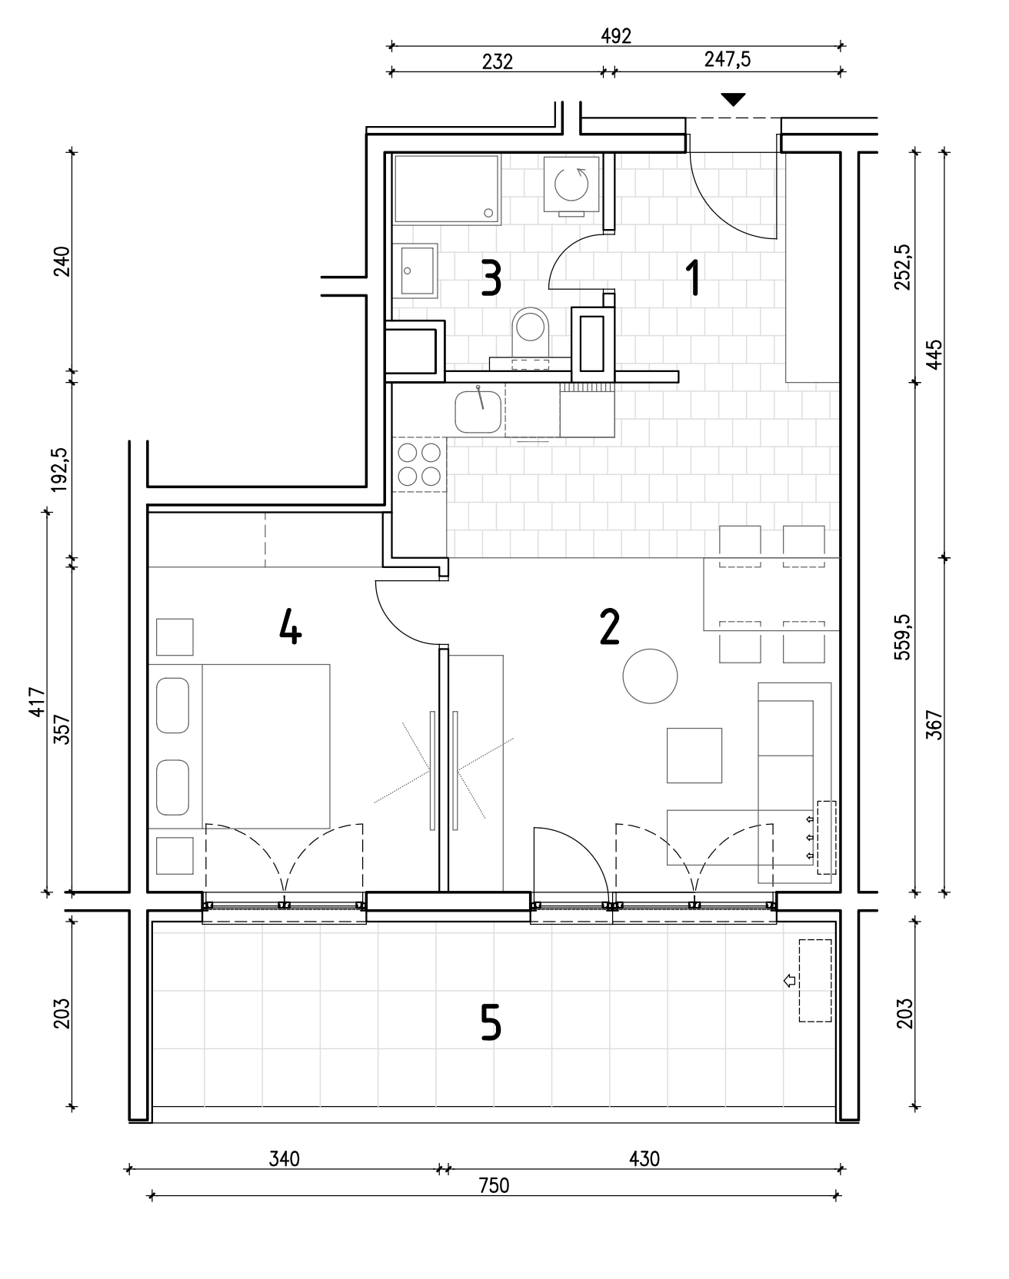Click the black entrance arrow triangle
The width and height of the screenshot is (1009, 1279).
[x=734, y=99]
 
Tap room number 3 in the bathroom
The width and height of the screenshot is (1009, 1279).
[x=491, y=279]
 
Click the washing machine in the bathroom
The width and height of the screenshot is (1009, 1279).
[x=571, y=184]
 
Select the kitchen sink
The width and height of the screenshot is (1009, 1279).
[x=478, y=411]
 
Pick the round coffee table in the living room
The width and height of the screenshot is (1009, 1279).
[x=650, y=676]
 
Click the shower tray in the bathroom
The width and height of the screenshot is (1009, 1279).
[x=446, y=189]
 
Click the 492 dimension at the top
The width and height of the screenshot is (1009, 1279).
[x=617, y=35]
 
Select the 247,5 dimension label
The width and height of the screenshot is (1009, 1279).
[x=728, y=61]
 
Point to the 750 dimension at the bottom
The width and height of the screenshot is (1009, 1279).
[x=494, y=1185]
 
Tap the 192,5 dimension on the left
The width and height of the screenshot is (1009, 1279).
[x=62, y=469]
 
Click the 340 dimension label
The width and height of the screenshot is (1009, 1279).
[x=284, y=1158]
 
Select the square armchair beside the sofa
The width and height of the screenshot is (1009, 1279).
[x=694, y=756]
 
